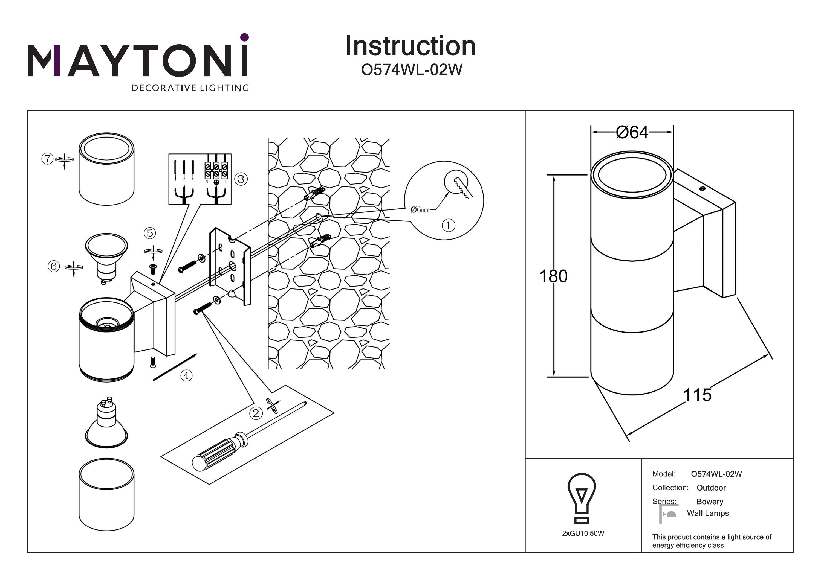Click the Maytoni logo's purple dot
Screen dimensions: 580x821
[x=245, y=37]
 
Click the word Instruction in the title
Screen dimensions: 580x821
[x=410, y=46]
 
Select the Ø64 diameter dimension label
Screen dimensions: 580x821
[x=632, y=133]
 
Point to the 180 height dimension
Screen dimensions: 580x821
[x=553, y=276]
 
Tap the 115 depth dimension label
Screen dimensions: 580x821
[x=697, y=395]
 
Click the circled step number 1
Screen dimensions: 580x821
[x=449, y=226]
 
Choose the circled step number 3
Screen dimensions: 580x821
[x=241, y=179]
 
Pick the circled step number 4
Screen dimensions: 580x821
[x=186, y=375]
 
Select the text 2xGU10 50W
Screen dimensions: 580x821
[x=583, y=533]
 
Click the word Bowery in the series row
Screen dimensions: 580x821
[x=710, y=502]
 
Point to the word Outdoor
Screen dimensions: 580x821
[x=711, y=488]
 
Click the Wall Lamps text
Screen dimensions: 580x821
[x=708, y=513]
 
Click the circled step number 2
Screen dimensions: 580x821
[x=256, y=413]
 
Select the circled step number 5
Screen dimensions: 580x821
[x=150, y=233]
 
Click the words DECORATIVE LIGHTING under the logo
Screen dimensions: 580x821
[x=190, y=88]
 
